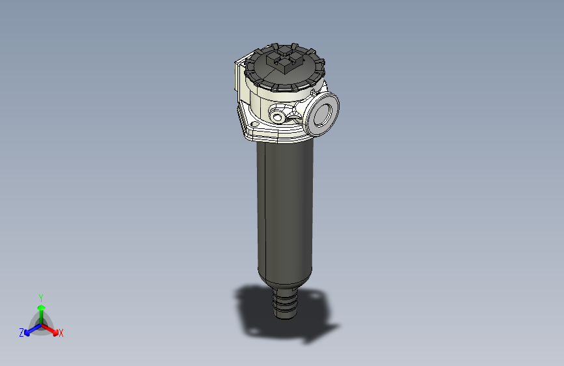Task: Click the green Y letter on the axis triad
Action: click(40, 297)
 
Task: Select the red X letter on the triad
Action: click(61, 333)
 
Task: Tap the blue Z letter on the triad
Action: click(21, 332)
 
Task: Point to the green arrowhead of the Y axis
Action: click(41, 307)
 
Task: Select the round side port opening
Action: click(323, 113)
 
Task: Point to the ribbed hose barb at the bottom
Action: click(285, 303)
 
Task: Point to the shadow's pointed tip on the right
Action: click(338, 325)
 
